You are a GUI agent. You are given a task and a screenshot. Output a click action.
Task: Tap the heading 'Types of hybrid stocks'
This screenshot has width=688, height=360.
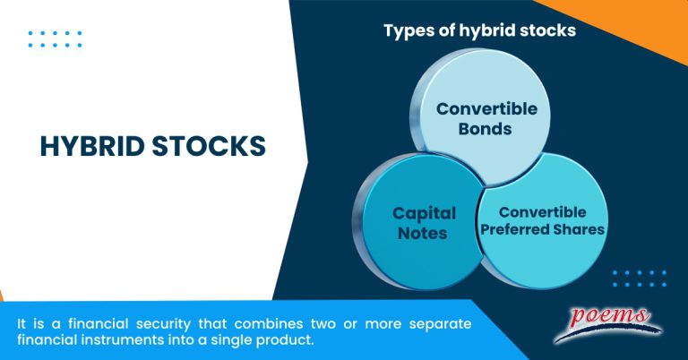tap(479, 30)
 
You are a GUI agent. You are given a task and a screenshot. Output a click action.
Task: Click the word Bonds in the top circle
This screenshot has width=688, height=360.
tap(486, 129)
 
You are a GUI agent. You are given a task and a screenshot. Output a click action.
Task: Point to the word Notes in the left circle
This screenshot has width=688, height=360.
tap(424, 234)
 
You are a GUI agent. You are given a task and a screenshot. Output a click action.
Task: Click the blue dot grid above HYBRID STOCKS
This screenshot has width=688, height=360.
tap(55, 39)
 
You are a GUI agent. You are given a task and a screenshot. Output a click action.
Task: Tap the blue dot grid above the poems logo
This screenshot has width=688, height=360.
tap(639, 278)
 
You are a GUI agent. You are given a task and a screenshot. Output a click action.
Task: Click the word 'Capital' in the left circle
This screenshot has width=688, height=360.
tap(424, 214)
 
